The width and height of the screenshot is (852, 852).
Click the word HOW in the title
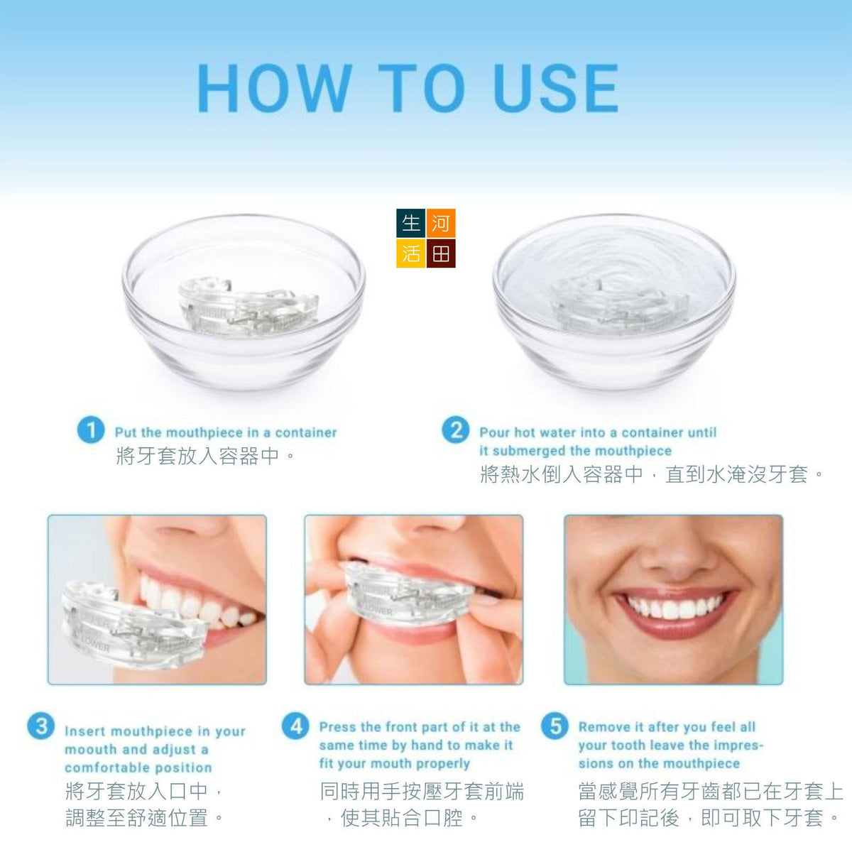(x=273, y=88)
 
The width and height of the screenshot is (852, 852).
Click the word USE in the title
(x=556, y=88)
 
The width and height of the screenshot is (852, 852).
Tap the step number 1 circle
(x=91, y=430)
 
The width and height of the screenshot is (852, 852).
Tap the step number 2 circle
(x=455, y=430)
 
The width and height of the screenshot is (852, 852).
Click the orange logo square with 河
(x=441, y=223)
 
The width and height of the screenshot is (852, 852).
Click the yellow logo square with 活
(x=411, y=253)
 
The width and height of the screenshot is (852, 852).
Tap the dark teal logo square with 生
(x=411, y=223)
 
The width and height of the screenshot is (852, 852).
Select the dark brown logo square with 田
(x=441, y=253)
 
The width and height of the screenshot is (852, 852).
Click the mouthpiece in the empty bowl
(x=248, y=305)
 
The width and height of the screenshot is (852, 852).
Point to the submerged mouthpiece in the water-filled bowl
(x=619, y=305)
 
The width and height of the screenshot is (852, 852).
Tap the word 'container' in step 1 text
(x=306, y=432)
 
